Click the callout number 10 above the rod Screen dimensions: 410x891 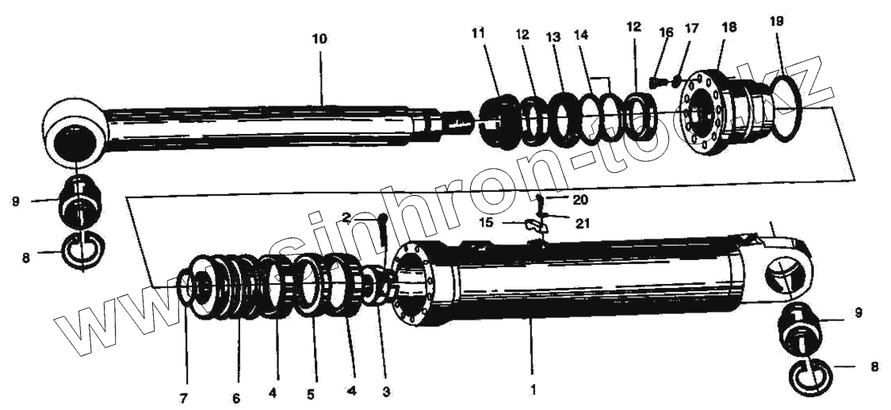[x=319, y=39]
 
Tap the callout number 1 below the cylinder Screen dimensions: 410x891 [x=533, y=389]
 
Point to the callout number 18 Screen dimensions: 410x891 [x=728, y=27]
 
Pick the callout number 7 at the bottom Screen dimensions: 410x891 [x=183, y=398]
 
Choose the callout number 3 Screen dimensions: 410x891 [x=385, y=391]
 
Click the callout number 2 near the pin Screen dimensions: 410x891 [x=346, y=217]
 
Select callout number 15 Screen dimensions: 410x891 [x=486, y=223]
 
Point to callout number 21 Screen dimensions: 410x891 [x=583, y=224]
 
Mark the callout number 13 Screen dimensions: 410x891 [x=553, y=37]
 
